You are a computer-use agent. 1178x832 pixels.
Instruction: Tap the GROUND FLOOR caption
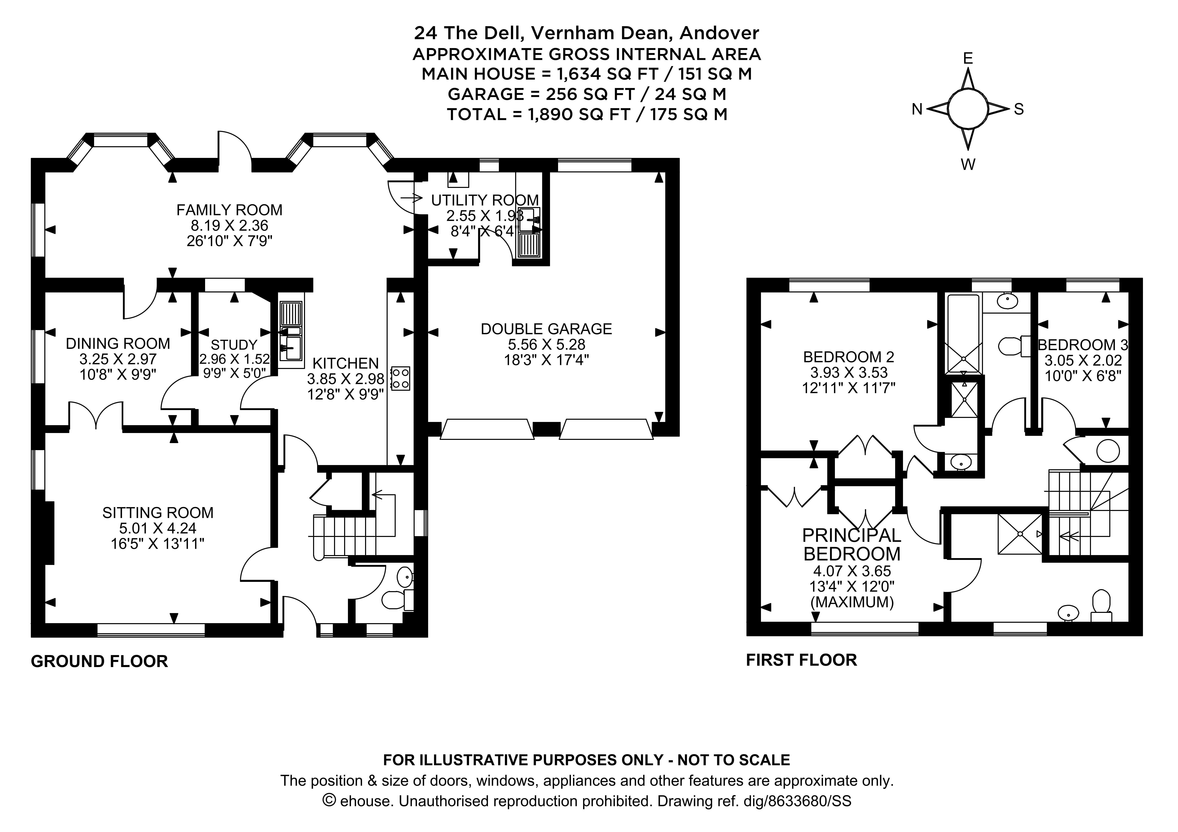[x=100, y=661]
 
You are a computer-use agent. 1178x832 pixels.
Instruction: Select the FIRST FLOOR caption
[x=801, y=660]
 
